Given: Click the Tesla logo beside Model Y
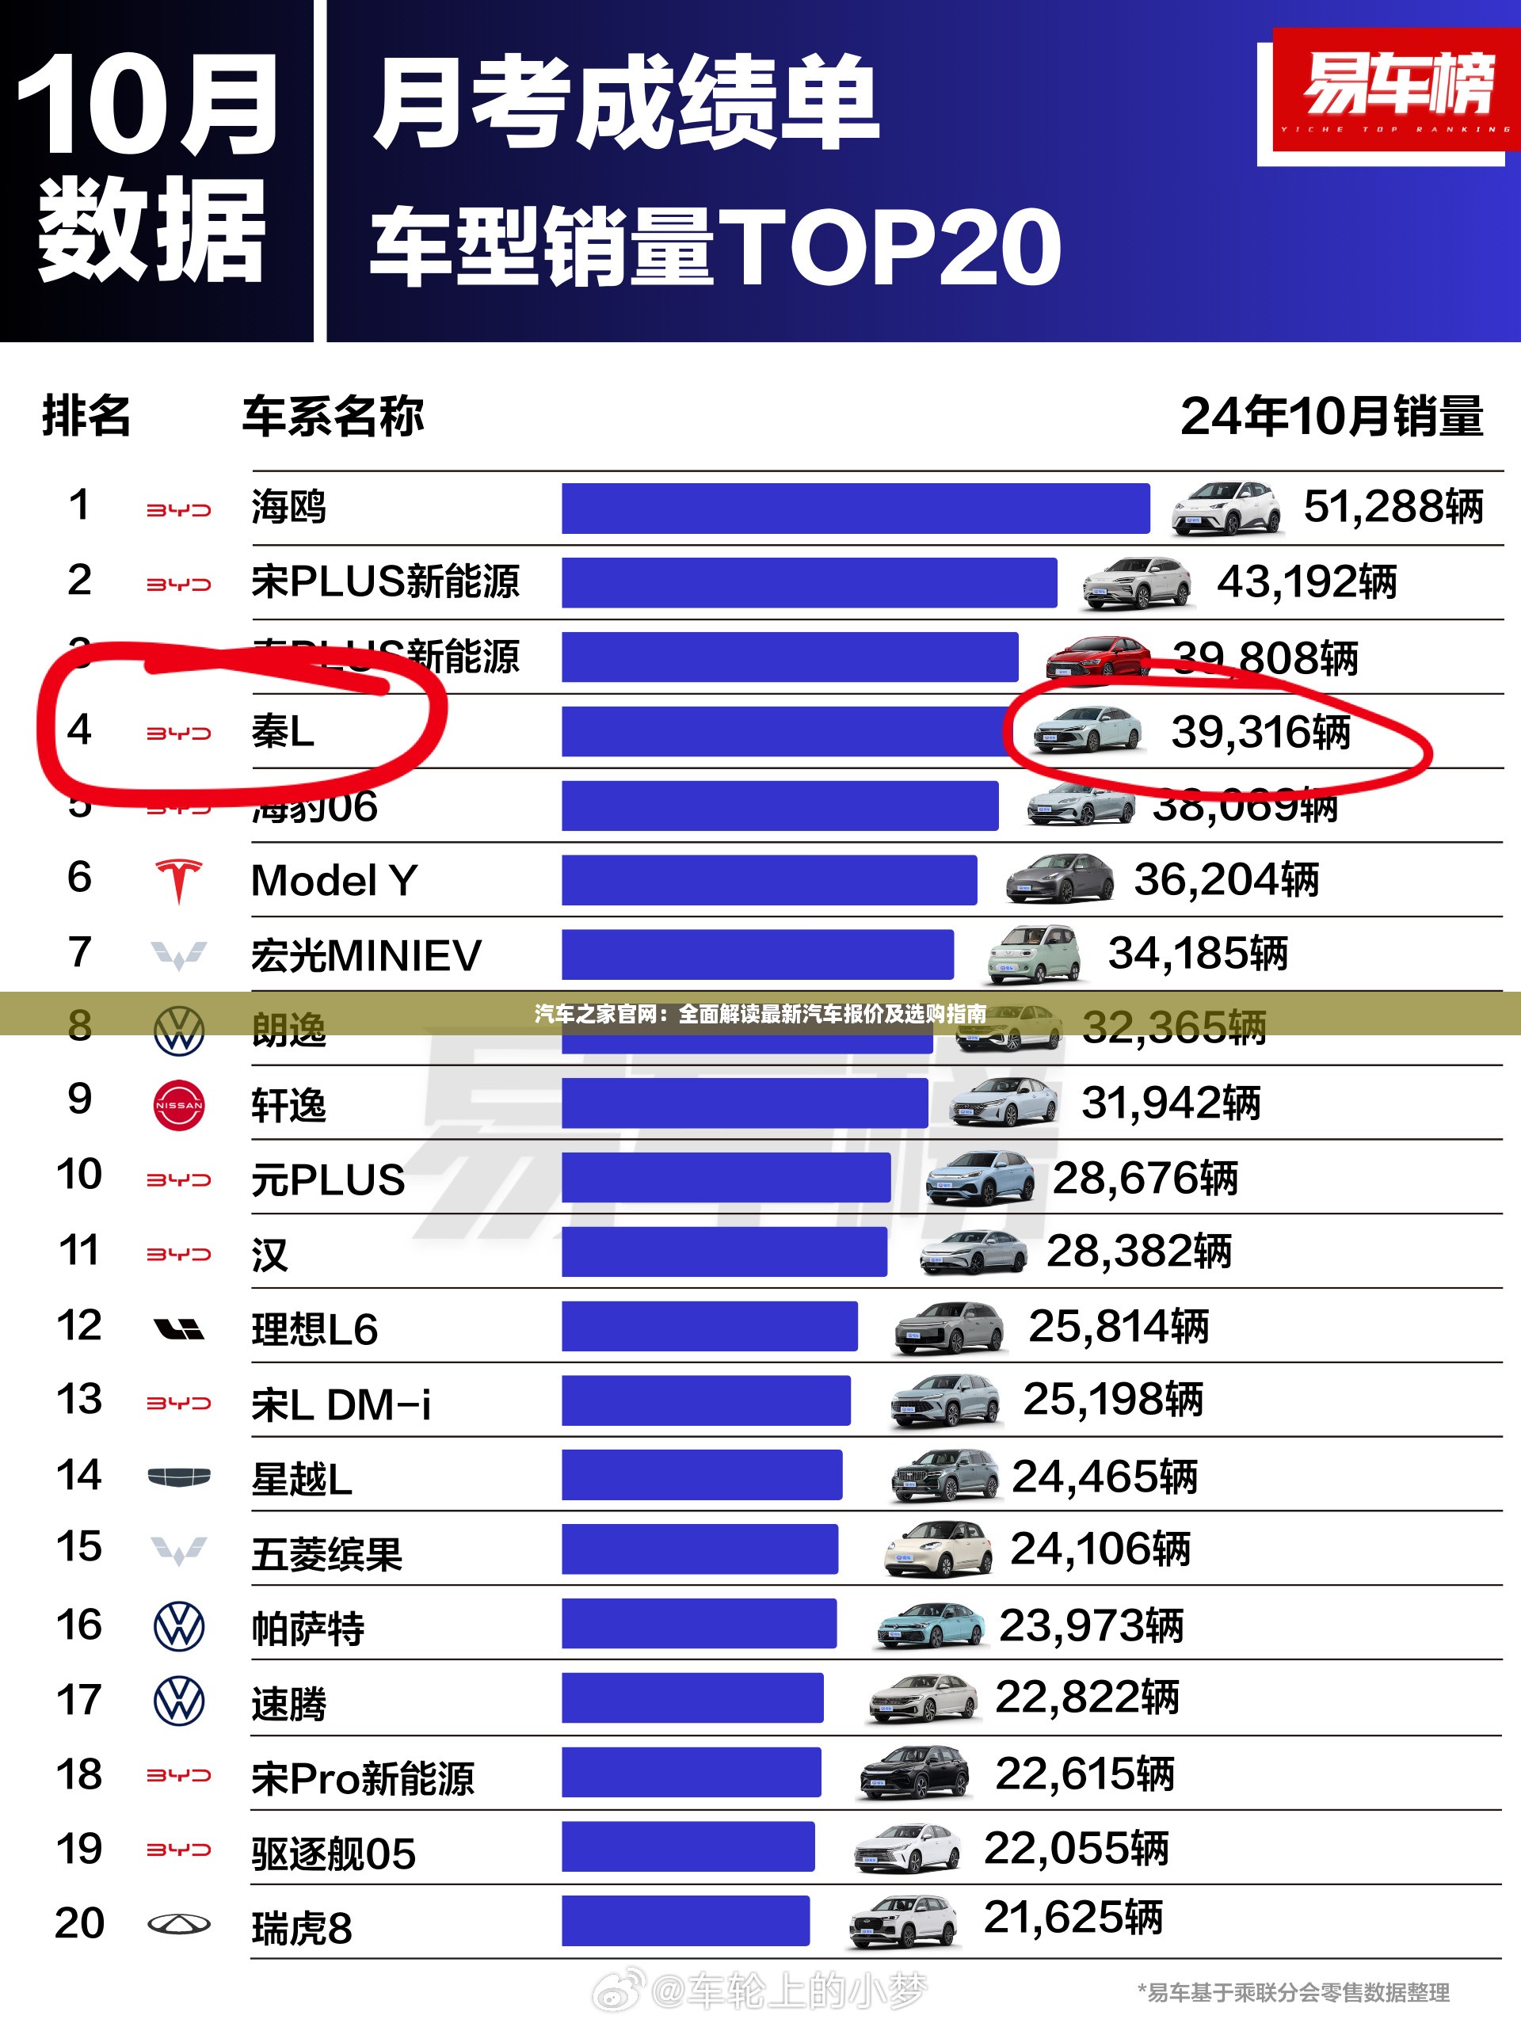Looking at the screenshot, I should [x=179, y=881].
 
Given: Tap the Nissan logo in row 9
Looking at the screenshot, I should [x=179, y=1104].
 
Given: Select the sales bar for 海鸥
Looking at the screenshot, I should [x=855, y=508].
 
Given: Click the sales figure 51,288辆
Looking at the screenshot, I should [x=1393, y=507].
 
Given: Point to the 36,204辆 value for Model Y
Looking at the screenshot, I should [x=1226, y=880].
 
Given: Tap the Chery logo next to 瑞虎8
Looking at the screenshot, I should [x=179, y=1924].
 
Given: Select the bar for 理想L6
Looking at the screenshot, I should [x=709, y=1326].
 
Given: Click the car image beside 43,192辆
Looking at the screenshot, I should [x=1137, y=583].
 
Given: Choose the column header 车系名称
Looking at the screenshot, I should [x=333, y=416].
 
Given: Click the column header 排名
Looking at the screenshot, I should [x=86, y=416].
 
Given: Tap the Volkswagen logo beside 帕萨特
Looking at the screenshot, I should [x=179, y=1626].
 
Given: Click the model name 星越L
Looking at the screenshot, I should [x=302, y=1479].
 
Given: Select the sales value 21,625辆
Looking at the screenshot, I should [x=1072, y=1918].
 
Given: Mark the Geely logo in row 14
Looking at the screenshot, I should [x=179, y=1476].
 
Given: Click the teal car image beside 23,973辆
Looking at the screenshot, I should [x=931, y=1625].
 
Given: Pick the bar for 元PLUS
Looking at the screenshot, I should [x=726, y=1178].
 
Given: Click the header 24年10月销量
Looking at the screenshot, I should [x=1332, y=416].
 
